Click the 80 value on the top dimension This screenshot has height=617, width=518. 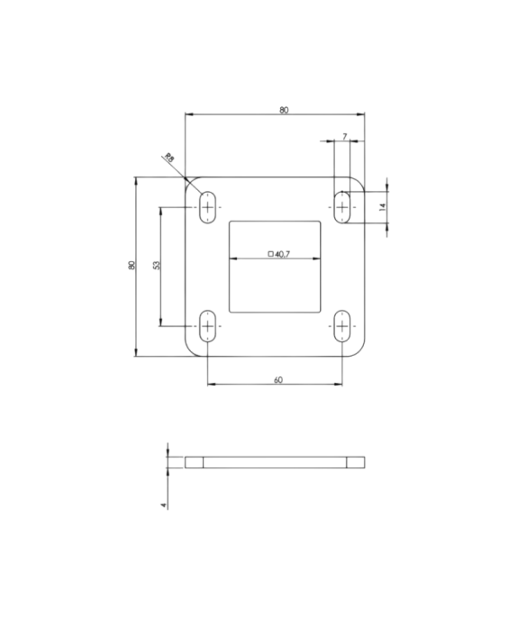point(284,110)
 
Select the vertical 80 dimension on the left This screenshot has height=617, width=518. point(132,266)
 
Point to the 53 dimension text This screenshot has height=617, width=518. point(156,266)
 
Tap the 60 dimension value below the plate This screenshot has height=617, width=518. point(277,380)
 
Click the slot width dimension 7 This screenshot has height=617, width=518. point(345,137)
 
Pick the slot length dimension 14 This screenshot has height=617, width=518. point(382,206)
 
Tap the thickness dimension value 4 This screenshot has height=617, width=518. point(163,505)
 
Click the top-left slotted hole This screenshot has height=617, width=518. point(208,207)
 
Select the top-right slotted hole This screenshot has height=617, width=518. point(342,207)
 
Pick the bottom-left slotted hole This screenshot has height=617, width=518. point(208,325)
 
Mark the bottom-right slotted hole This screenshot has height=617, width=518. point(342,325)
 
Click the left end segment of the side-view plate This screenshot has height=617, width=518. point(194,463)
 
